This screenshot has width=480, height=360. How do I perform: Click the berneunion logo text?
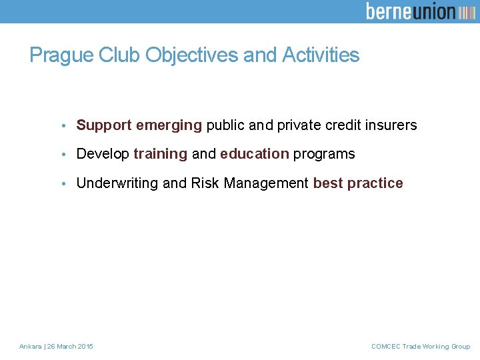411,11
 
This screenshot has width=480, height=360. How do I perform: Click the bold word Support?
104,125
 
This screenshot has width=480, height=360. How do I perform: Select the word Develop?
103,154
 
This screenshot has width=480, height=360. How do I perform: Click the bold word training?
160,154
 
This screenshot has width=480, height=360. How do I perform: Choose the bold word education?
254,154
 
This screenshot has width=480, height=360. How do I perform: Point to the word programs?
324,154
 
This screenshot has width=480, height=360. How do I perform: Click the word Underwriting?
117,183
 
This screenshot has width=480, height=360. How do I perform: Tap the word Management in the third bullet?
266,183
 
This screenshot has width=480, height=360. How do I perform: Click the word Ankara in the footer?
30,347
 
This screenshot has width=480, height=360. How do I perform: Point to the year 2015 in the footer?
85,347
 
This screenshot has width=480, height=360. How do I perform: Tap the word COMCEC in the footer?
385,347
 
